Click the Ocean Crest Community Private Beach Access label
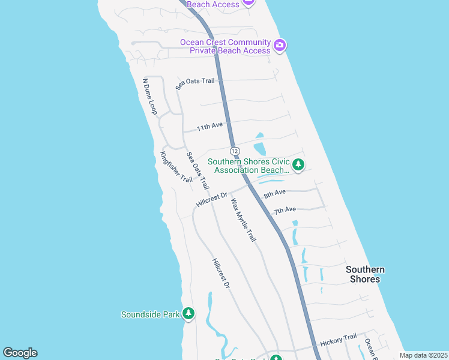click(226, 46)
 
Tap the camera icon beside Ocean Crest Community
click(280, 46)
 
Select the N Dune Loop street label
click(149, 96)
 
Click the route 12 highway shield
click(235, 151)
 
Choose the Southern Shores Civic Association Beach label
click(249, 166)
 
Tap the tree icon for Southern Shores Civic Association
click(298, 164)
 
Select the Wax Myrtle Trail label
click(244, 219)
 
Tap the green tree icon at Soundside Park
click(188, 314)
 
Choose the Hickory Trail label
click(338, 339)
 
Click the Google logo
click(20, 353)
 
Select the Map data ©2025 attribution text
click(423, 355)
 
